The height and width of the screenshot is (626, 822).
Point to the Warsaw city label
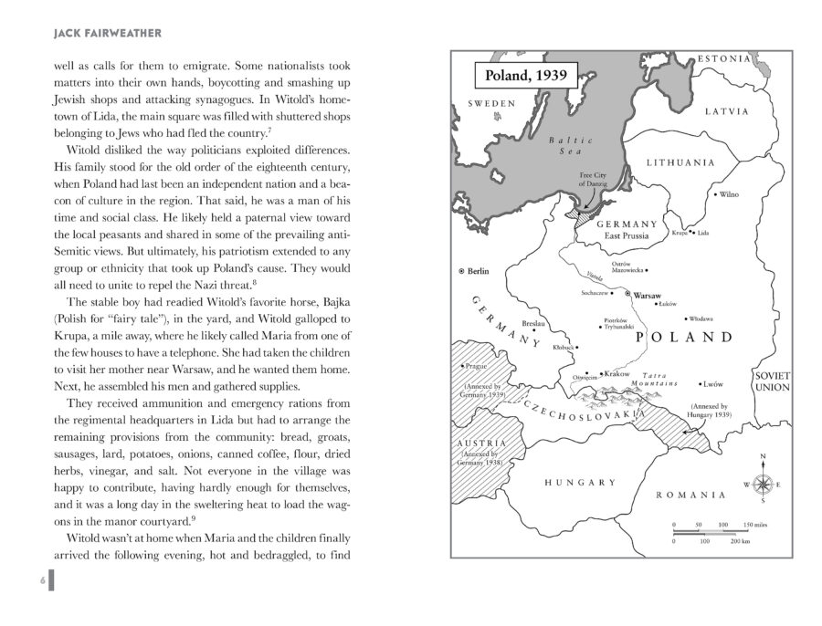point(648,296)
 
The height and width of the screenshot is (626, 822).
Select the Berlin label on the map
point(478,271)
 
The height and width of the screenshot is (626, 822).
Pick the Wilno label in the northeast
point(728,194)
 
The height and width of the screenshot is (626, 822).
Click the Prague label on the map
point(479,366)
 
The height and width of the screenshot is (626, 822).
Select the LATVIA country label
point(726,111)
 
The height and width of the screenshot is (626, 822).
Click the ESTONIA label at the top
point(725,58)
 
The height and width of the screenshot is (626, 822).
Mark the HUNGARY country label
point(580,482)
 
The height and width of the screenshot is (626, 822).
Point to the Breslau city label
point(534,323)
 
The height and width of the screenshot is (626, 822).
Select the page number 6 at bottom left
point(42,580)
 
